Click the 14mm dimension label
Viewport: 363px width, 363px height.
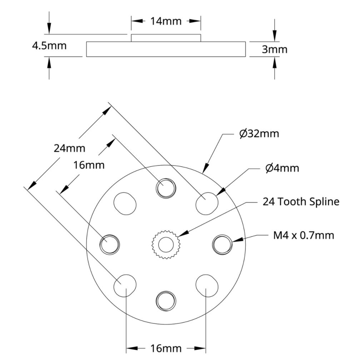[165, 21]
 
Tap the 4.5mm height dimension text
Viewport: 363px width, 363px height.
[49, 46]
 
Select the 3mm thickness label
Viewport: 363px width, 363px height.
[274, 49]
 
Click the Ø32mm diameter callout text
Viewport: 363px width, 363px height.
[259, 134]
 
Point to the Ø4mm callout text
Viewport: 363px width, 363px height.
[282, 168]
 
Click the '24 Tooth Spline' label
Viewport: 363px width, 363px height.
[301, 202]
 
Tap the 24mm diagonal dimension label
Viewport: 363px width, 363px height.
[69, 148]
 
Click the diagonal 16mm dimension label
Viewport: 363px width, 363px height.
[89, 165]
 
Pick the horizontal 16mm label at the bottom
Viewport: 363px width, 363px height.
[165, 348]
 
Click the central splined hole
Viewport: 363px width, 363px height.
[165, 245]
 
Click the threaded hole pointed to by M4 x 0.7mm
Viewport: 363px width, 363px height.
[223, 245]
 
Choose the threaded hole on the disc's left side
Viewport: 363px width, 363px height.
[110, 245]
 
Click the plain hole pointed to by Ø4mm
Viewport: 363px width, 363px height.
[207, 203]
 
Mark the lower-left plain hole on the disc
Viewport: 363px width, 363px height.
[125, 285]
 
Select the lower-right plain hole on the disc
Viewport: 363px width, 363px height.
[207, 285]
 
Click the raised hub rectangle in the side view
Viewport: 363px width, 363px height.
[166, 38]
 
